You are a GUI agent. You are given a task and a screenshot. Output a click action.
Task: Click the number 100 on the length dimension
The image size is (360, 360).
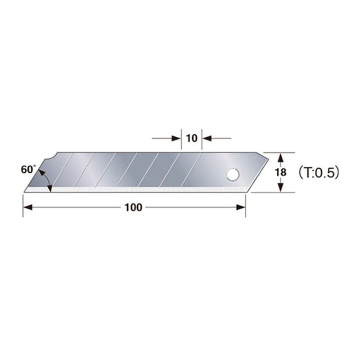click(134, 208)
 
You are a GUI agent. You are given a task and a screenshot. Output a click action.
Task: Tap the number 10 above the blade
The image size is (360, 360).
click(192, 138)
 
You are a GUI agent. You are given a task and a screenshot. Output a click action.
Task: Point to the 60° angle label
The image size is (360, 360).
click(27, 170)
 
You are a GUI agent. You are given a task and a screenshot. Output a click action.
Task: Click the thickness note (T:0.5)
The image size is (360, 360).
click(318, 172)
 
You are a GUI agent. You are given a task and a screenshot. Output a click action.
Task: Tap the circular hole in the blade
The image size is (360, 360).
click(233, 174)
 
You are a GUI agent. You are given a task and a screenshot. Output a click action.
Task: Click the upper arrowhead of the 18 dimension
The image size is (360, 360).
click(281, 157)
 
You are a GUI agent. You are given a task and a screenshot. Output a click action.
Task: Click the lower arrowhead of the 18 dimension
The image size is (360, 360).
click(281, 188)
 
